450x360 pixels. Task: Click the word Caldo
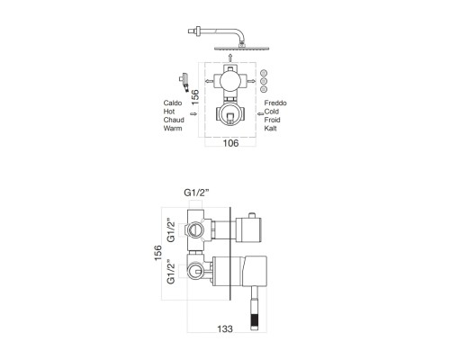[173, 103]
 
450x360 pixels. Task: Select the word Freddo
[275, 103]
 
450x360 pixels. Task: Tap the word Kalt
[271, 128]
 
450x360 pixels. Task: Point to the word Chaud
[174, 120]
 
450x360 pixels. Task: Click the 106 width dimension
[231, 143]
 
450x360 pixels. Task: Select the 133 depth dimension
[225, 328]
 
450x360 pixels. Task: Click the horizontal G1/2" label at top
[196, 193]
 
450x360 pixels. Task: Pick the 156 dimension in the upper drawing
[195, 97]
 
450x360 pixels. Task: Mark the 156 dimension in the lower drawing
[158, 253]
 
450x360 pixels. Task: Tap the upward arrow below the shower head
[230, 58]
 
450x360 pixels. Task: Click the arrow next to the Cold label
[260, 113]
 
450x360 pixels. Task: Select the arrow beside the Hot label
[193, 113]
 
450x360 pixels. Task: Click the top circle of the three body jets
[264, 73]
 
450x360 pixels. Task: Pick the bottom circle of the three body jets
[264, 89]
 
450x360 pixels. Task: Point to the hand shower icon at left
[184, 81]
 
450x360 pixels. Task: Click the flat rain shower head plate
[242, 49]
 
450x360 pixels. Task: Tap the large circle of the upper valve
[230, 81]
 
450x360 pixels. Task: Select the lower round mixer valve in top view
[230, 114]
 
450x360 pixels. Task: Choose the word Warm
[173, 128]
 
